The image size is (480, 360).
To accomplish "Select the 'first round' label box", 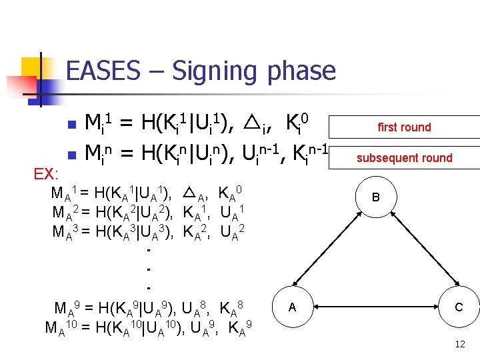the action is pos(404,127).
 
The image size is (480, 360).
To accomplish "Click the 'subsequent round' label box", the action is pos(404,158).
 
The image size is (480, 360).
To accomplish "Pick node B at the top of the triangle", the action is pos(376,197).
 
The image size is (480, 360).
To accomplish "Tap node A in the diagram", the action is pos(292,307).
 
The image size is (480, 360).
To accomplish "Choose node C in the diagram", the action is pos(459,307).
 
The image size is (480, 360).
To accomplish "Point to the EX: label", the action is pos(47,175).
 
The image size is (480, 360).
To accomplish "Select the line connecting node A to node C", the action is pos(375,307).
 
